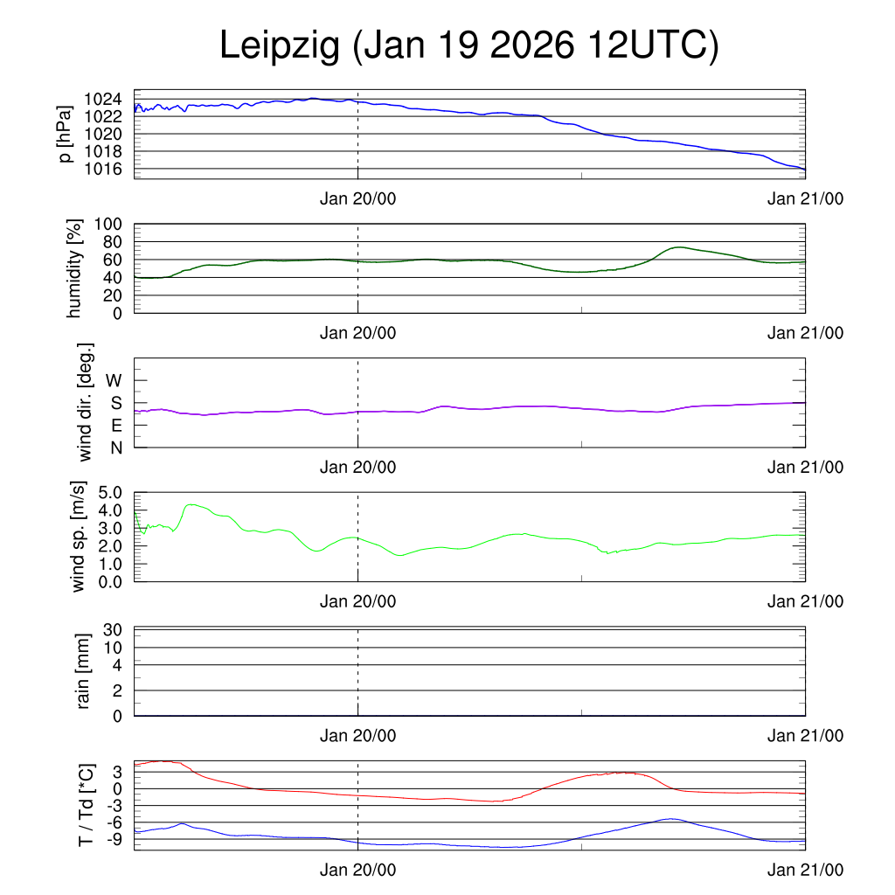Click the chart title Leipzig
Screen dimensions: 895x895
click(x=468, y=45)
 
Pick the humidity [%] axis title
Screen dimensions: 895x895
click(x=76, y=268)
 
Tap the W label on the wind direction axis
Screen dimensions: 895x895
click(x=114, y=380)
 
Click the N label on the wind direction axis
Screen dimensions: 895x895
click(x=115, y=447)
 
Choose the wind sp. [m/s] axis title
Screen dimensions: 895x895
click(x=79, y=537)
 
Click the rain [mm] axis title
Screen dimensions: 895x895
click(x=84, y=671)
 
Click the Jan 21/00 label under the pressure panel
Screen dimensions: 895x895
click(x=805, y=199)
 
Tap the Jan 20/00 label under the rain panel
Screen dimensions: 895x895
click(x=357, y=736)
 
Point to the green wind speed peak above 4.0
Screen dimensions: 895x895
click(x=191, y=504)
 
